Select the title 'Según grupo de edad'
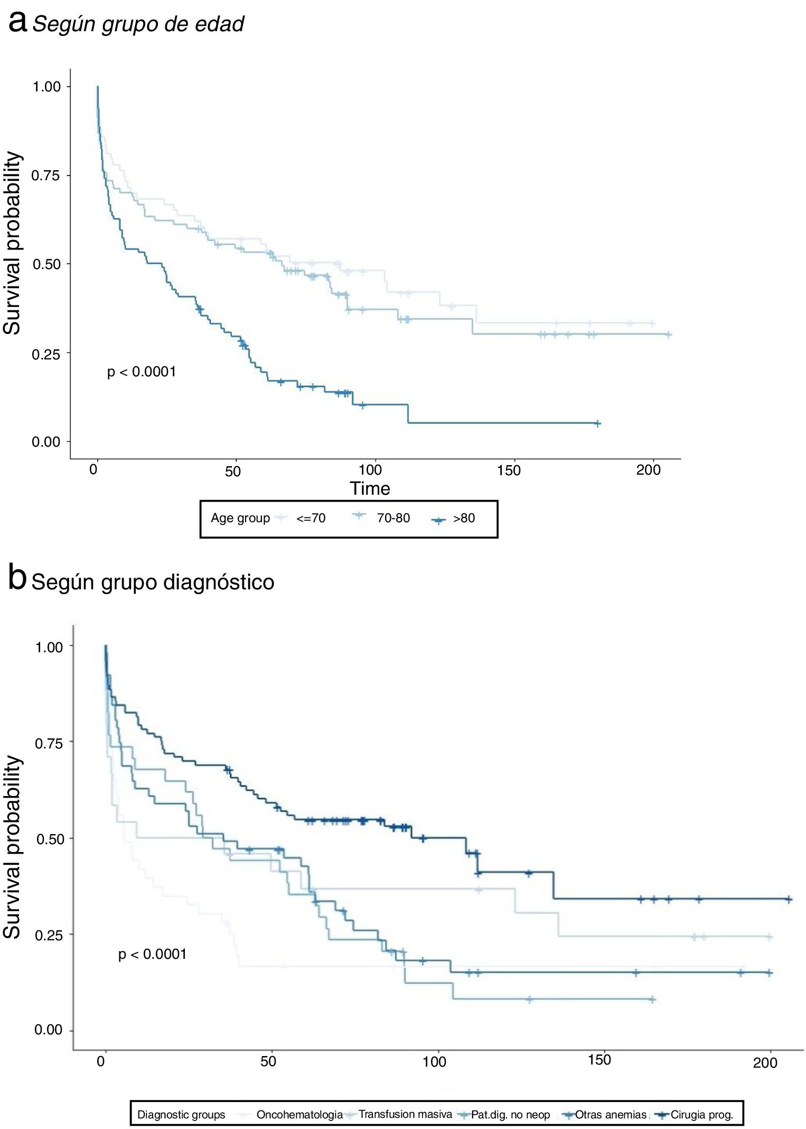click(x=138, y=24)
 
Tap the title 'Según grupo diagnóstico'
click(x=153, y=582)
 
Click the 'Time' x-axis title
click(x=370, y=488)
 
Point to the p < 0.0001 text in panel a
click(x=142, y=372)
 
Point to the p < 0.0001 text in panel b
click(x=152, y=954)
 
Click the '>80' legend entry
click(x=464, y=518)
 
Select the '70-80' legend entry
click(x=393, y=518)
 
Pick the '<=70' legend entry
click(x=311, y=518)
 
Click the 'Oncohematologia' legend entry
click(x=299, y=1115)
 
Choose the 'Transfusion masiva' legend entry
click(x=405, y=1114)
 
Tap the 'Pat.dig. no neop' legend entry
click(x=510, y=1115)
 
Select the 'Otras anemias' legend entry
click(x=611, y=1115)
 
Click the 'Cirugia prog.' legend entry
click(x=702, y=1115)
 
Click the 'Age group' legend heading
click(x=240, y=518)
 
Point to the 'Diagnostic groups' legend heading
click(x=181, y=1115)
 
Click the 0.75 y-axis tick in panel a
click(x=46, y=175)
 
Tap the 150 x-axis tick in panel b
click(x=599, y=1060)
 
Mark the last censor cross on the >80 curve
click(x=597, y=423)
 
